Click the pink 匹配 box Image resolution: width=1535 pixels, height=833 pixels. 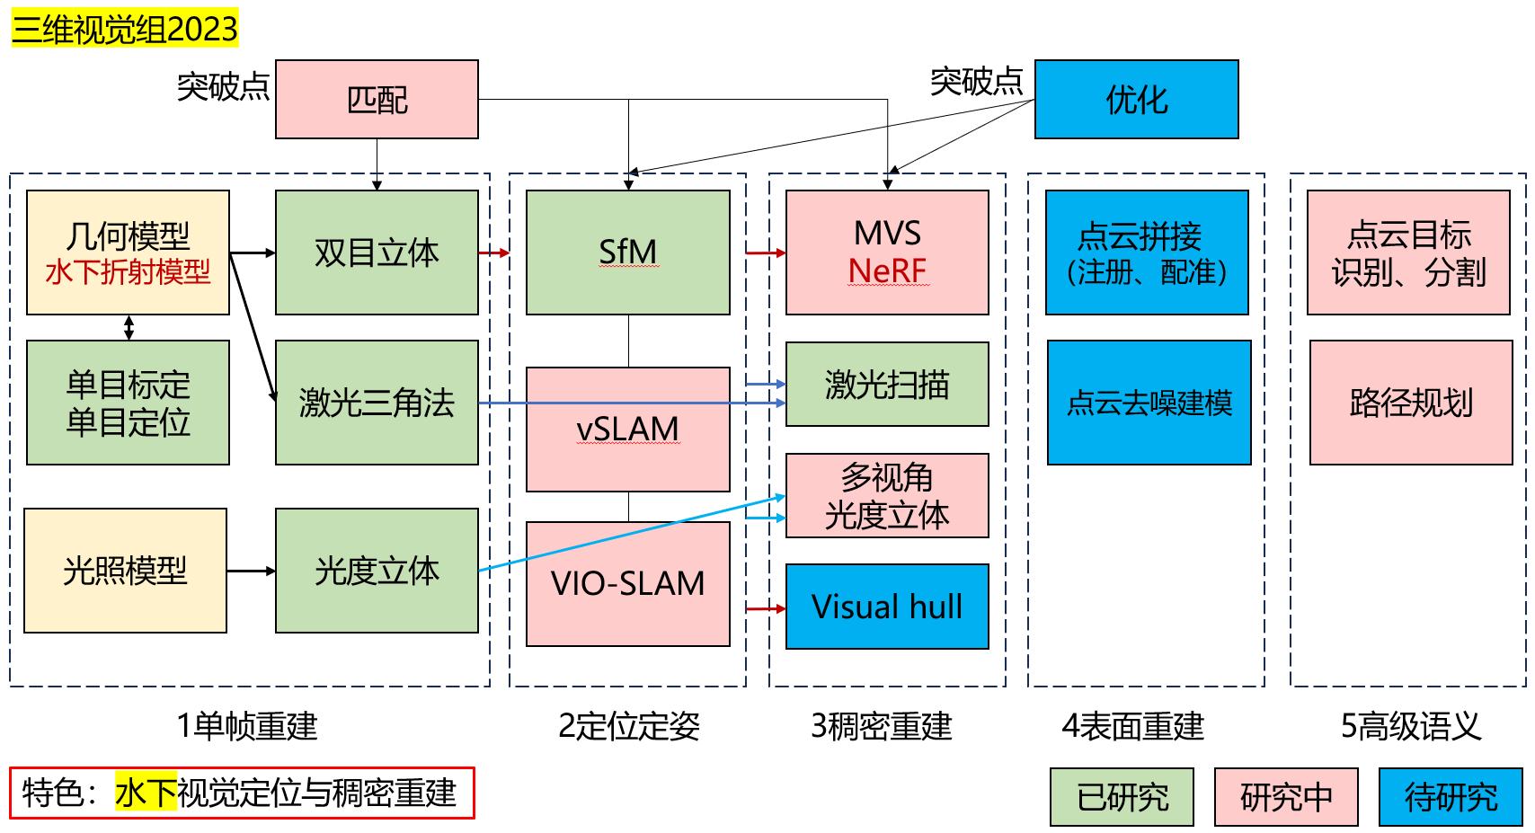coord(377,99)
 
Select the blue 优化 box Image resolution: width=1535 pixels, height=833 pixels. coord(1136,99)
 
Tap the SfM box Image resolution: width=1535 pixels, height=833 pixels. coord(627,252)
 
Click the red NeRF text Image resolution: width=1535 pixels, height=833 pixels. coord(886,270)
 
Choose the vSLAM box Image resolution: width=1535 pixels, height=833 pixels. coord(627,429)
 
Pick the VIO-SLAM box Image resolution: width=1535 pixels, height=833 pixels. coord(627,583)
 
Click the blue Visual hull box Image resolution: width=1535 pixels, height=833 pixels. coord(886,607)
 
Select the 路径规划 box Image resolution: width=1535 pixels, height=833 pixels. coord(1410,403)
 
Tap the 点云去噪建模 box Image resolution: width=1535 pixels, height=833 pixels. coord(1149,403)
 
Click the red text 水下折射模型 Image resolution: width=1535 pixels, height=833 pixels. coord(128,271)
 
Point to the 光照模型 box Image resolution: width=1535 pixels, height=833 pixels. coord(125,571)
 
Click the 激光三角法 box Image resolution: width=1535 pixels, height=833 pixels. coord(377,403)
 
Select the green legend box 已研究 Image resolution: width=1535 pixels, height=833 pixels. coord(1122,796)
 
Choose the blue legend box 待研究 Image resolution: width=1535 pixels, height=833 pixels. coord(1451,796)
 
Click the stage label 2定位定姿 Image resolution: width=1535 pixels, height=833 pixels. coord(628,726)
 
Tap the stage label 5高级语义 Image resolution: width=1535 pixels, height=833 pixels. coord(1410,726)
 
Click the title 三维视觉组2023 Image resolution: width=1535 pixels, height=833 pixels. coord(125,30)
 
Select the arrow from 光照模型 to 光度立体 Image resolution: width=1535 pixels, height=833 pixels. coord(251,571)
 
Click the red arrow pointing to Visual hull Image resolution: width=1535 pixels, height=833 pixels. coord(765,609)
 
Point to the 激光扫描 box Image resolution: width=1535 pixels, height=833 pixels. coord(886,385)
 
